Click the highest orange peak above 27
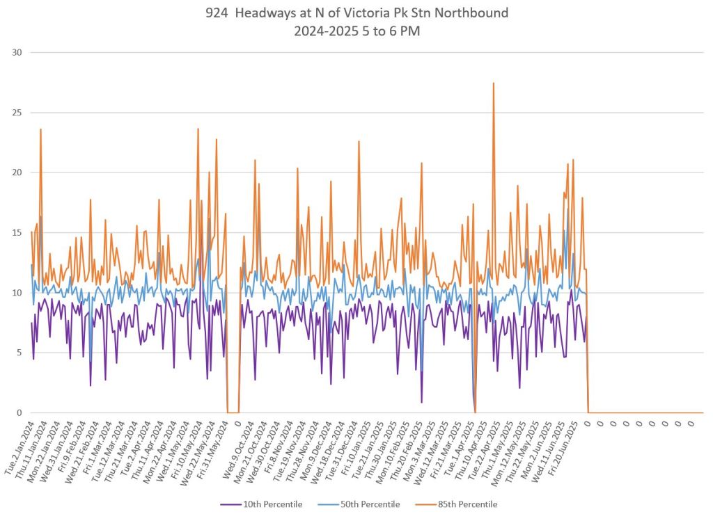pos(494,83)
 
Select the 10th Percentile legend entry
pos(268,504)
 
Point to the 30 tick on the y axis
pos(18,52)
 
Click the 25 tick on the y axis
pos(18,113)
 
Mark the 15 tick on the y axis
pos(18,232)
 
